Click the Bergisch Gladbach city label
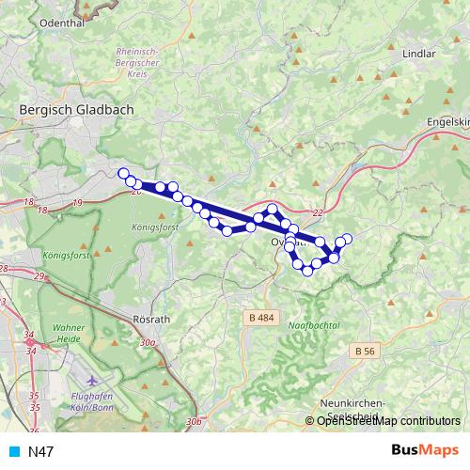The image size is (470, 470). pyautogui.click(x=76, y=109)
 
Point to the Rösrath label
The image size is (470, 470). pyautogui.click(x=152, y=319)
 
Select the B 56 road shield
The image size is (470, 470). pyautogui.click(x=367, y=350)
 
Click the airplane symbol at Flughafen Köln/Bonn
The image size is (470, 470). pyautogui.click(x=91, y=382)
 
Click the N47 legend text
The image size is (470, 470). pyautogui.click(x=41, y=452)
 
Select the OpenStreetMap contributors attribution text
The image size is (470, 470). pyautogui.click(x=387, y=421)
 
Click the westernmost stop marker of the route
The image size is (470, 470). pyautogui.click(x=123, y=173)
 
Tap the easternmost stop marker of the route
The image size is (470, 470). pyautogui.click(x=347, y=239)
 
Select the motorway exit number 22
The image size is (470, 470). pyautogui.click(x=317, y=212)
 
